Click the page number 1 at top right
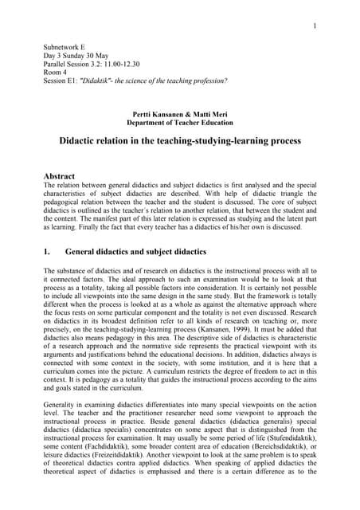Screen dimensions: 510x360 315,26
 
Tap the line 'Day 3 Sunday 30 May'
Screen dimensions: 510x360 76,59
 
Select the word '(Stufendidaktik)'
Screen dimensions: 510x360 287,440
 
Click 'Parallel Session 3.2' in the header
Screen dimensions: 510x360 76,69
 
